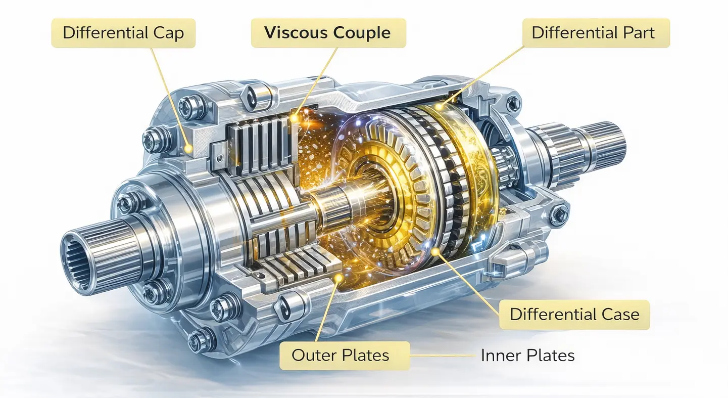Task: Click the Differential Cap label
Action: (x=123, y=33)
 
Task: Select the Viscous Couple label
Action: (x=328, y=33)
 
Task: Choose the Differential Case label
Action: (x=574, y=315)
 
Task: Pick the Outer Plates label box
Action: (x=340, y=355)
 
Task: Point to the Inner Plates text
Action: (x=527, y=356)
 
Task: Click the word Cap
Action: (x=169, y=33)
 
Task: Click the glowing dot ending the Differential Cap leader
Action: (x=188, y=148)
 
